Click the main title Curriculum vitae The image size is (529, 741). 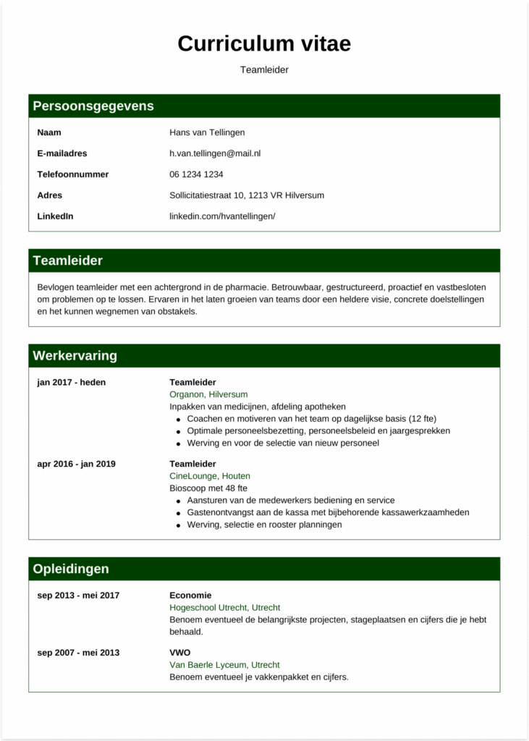264,43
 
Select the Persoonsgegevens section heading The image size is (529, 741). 93,106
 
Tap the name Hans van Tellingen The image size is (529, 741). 207,132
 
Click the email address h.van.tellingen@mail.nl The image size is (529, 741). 215,153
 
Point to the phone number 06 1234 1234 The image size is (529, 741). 196,174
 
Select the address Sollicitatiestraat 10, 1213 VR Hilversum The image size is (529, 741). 247,195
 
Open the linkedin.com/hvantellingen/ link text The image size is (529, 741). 222,216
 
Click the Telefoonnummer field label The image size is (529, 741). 73,174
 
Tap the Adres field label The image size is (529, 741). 50,195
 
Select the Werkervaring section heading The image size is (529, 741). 75,356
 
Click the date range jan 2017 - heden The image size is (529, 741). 72,382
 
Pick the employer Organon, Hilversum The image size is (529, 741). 208,394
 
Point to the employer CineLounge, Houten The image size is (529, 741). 211,476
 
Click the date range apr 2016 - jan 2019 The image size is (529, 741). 76,464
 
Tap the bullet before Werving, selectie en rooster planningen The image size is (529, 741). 178,525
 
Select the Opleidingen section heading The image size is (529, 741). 71,569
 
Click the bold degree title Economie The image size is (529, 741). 190,596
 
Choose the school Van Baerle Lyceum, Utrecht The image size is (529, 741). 224,665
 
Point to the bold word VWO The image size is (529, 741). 180,653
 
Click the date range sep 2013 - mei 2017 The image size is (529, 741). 78,596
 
